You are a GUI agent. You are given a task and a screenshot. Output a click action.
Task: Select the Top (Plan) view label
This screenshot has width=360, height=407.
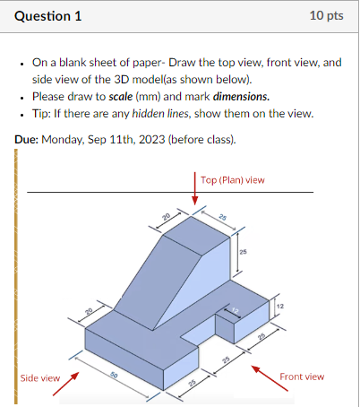pos(233,179)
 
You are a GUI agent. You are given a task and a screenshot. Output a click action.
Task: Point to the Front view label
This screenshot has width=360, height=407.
pos(302,377)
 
